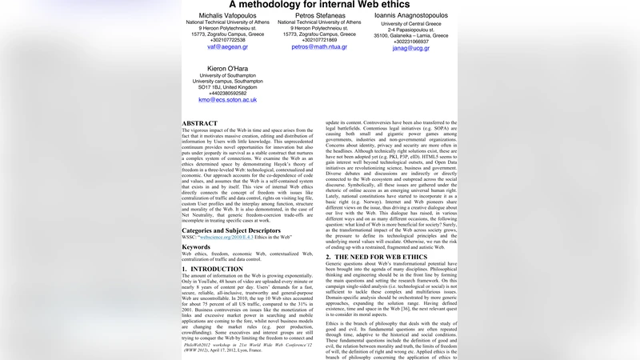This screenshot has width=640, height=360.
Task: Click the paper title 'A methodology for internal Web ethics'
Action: (x=319, y=4)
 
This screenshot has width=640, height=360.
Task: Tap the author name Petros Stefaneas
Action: (x=319, y=16)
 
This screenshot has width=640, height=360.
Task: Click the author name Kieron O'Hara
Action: (x=227, y=69)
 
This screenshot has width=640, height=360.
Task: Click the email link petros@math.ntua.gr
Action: (x=319, y=47)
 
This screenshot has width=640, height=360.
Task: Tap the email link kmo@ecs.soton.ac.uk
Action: (x=227, y=100)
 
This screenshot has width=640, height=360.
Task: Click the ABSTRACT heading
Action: (x=199, y=124)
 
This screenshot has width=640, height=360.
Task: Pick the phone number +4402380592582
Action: (x=227, y=93)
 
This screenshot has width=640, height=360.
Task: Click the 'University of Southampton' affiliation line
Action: (x=227, y=76)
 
